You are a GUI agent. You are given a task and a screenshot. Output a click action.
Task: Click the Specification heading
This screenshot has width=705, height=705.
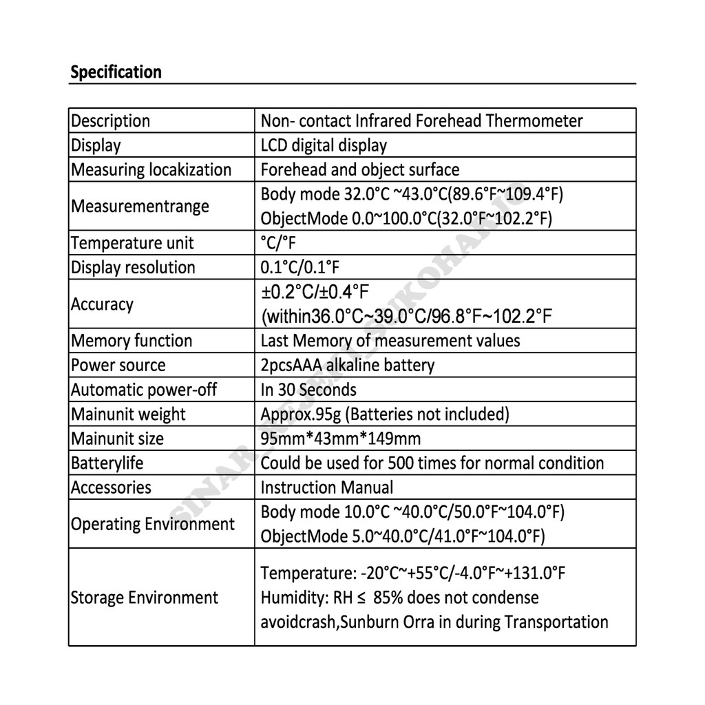point(116,72)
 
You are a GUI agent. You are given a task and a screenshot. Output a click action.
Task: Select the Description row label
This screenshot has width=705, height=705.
point(110,121)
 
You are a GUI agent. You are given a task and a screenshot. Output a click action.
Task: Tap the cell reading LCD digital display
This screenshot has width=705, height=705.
point(324,145)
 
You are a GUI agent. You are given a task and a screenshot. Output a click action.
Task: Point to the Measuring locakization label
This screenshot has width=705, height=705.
point(151,170)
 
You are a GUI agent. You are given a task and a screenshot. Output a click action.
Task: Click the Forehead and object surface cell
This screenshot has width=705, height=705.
point(359,170)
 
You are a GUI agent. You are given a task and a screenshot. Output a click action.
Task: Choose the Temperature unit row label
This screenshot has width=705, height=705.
point(132,243)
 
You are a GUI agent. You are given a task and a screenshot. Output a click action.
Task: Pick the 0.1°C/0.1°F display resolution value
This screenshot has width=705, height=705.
point(300,268)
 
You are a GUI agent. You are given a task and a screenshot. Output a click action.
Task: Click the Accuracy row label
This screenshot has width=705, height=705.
point(102,304)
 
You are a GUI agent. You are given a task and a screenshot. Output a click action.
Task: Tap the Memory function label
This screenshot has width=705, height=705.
point(131,341)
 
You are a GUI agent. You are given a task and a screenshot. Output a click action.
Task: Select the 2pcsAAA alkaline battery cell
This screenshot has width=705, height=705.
point(347,366)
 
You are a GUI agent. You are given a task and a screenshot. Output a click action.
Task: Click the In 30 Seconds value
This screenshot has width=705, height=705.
point(308,390)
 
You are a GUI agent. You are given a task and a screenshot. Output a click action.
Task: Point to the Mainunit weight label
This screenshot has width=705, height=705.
point(128,414)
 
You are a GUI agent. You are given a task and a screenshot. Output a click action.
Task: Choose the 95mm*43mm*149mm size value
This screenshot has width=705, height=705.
point(340,439)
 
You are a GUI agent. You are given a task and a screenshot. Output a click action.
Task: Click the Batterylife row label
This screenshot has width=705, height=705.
point(107,463)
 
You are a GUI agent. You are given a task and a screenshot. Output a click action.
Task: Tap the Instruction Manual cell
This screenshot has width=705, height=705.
point(327,487)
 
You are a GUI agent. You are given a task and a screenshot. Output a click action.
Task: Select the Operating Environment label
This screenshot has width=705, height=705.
point(153,525)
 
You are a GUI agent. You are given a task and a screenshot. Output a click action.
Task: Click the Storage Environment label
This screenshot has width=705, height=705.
point(145,598)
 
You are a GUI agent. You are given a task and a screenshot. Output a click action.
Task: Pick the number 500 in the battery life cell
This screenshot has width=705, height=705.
point(402,463)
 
